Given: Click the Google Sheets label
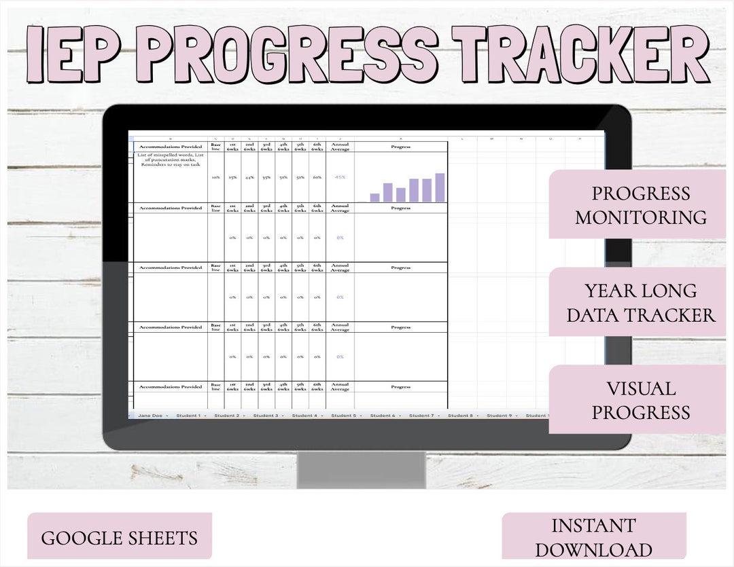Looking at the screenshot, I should click(120, 538).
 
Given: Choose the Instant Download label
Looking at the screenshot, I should click(593, 536).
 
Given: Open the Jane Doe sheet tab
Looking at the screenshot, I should click(150, 416).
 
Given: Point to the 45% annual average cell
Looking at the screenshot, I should click(340, 177).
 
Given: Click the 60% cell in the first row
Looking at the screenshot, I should click(317, 177).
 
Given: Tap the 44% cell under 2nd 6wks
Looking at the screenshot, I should click(249, 177).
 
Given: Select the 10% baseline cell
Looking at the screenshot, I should click(215, 177).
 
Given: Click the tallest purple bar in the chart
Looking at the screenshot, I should click(440, 187).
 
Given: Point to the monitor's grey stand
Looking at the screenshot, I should click(361, 469).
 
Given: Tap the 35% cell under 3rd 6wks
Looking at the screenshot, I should click(266, 177).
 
